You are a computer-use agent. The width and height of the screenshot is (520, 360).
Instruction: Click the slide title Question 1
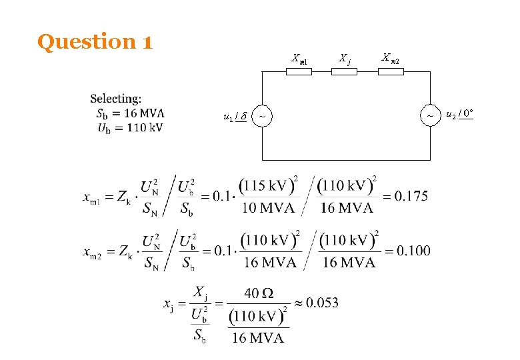pos(95,42)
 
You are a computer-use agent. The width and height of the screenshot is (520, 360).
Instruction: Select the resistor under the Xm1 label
pos(299,71)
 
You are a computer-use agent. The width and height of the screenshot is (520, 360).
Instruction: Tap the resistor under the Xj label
pos(344,71)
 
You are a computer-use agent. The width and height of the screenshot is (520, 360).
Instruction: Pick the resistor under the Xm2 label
pos(391,71)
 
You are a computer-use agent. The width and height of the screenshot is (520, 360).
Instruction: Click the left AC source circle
pos(262,116)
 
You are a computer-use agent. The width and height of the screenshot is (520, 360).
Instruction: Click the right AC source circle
pos(430,115)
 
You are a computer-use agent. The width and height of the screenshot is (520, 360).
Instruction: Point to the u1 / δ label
pos(235,117)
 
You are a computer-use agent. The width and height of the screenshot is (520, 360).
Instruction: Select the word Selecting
pos(115,99)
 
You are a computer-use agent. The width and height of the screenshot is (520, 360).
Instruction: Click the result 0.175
pos(411,196)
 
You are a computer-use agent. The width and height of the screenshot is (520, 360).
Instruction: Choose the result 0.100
pos(413,251)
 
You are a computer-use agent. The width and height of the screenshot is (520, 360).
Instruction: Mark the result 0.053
pos(322,303)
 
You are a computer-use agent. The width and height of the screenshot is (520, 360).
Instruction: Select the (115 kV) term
pos(267,185)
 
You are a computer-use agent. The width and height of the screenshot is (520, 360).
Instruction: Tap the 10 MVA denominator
pos(267,208)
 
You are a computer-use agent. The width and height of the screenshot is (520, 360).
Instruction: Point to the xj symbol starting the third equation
pos(169,304)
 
